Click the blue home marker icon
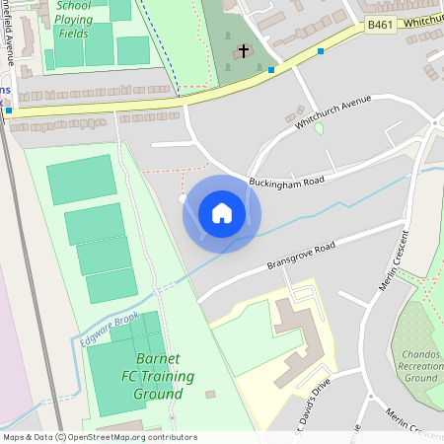[222, 213]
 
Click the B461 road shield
[379, 24]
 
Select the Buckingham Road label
[287, 182]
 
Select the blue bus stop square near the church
[271, 69]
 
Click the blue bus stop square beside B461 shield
[321, 50]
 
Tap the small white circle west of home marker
[183, 198]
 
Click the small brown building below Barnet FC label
[210, 394]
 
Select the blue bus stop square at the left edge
[9, 111]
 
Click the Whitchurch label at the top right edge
[422, 20]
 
